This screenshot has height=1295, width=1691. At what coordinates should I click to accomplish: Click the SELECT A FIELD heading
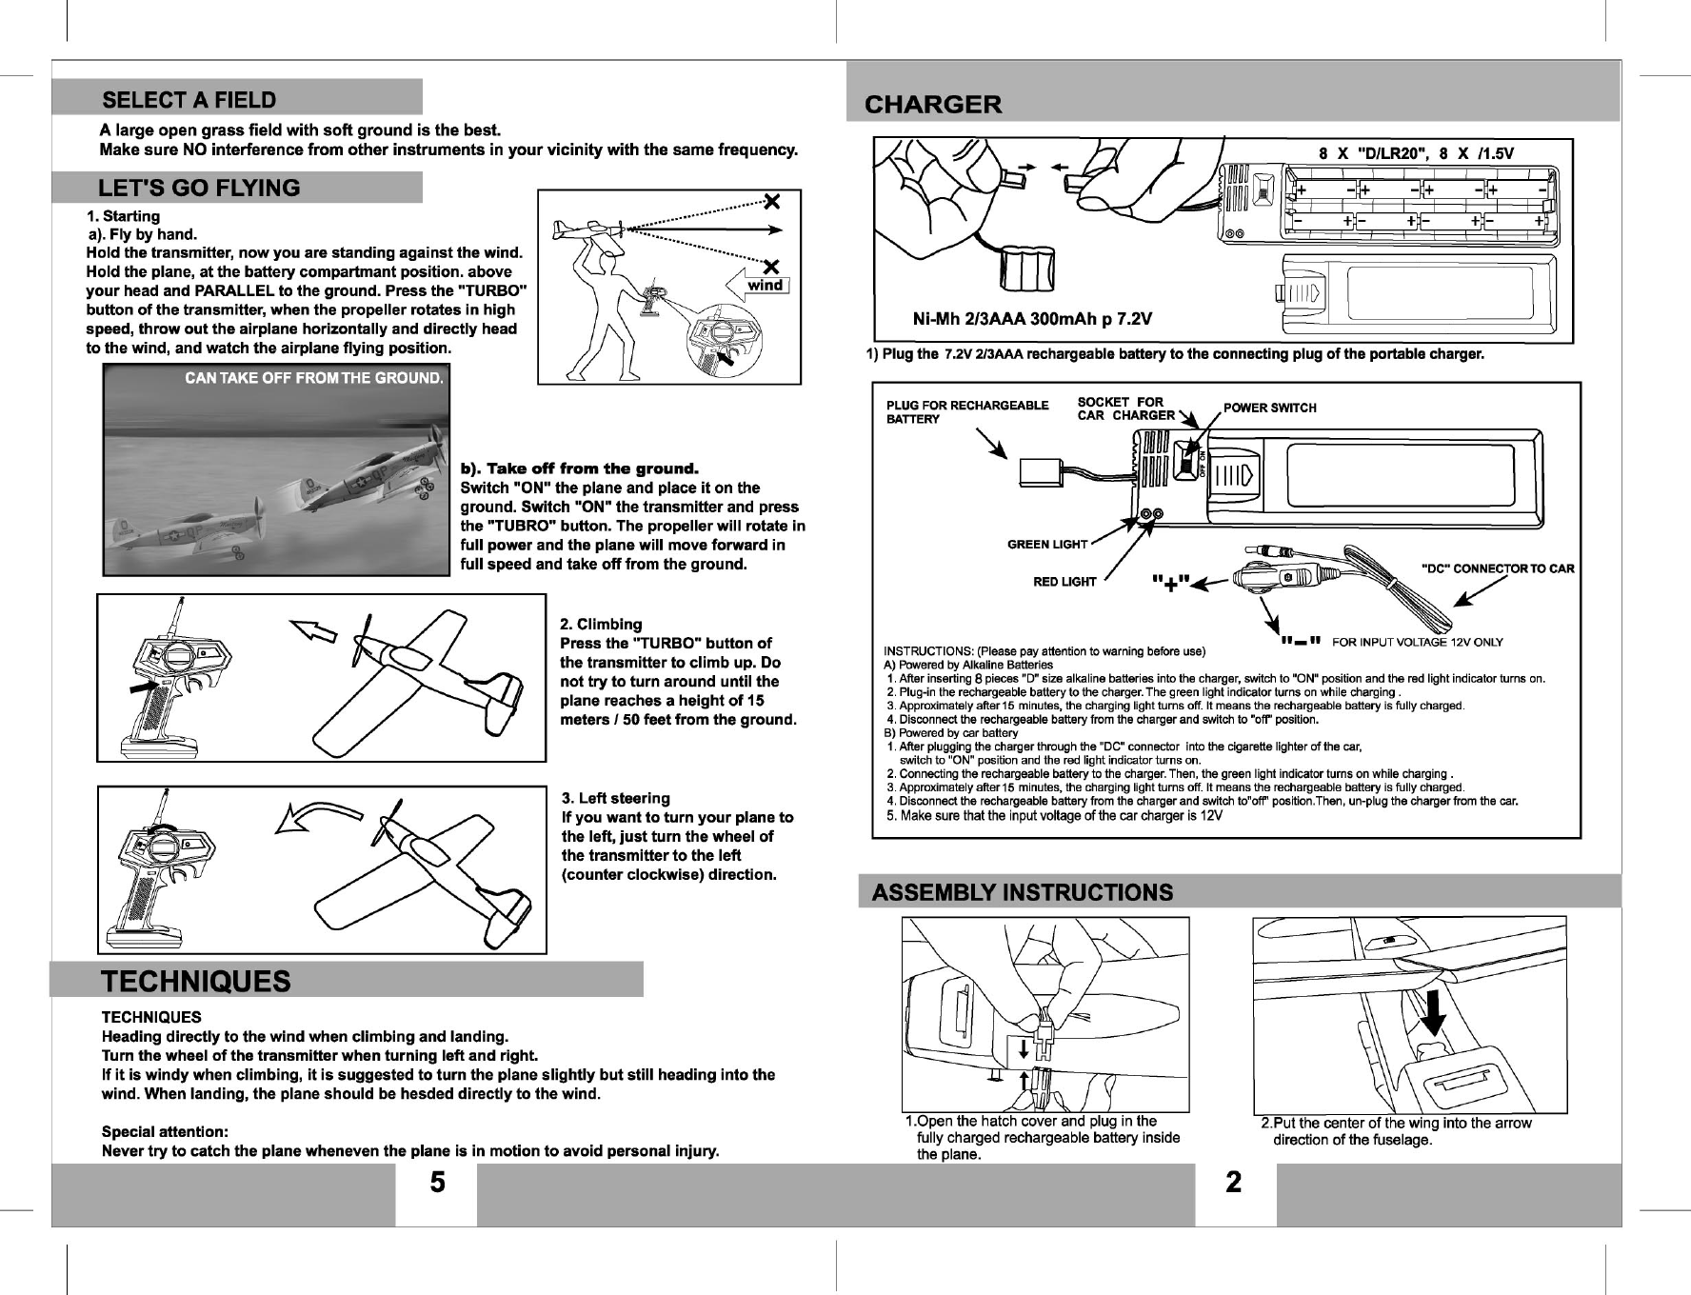click(x=189, y=100)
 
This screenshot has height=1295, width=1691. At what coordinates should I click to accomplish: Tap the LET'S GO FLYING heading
click(x=199, y=188)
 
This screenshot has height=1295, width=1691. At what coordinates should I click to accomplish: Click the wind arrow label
click(x=765, y=285)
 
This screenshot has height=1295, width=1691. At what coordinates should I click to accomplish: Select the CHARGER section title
click(x=933, y=105)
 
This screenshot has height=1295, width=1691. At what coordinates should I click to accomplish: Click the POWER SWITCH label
click(x=1269, y=408)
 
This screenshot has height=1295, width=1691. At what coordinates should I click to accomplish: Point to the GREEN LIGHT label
click(x=1047, y=545)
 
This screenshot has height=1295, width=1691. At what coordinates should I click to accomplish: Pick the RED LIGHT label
click(x=1064, y=582)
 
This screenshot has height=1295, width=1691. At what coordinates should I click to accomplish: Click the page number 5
click(x=436, y=1183)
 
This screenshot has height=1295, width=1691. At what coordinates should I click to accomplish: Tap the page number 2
click(x=1234, y=1183)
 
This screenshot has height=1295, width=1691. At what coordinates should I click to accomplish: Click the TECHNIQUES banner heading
click(x=196, y=982)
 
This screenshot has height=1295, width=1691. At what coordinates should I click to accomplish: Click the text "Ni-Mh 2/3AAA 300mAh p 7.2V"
click(x=1032, y=319)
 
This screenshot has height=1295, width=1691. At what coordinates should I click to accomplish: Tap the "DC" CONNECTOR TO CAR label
click(x=1497, y=569)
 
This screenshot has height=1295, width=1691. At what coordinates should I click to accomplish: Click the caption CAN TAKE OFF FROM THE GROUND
click(x=314, y=378)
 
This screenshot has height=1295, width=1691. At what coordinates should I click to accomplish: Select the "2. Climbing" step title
click(x=601, y=625)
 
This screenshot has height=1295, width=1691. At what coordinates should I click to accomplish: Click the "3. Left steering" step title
click(x=616, y=798)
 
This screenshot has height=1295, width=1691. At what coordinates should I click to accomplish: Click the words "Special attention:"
click(x=165, y=1132)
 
